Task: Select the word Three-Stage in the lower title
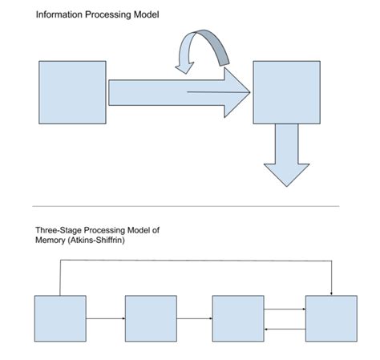tap(59, 230)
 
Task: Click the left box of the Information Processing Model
tap(72, 92)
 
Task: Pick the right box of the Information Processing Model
tap(286, 92)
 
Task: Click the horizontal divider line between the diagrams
tap(190, 206)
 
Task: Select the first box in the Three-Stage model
tap(59, 318)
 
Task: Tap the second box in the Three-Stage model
tap(150, 318)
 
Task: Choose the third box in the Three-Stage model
tap(238, 318)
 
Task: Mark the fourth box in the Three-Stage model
tap(331, 318)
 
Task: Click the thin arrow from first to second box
tap(105, 318)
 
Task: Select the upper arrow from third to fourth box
tap(285, 309)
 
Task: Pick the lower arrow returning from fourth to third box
tap(285, 328)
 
